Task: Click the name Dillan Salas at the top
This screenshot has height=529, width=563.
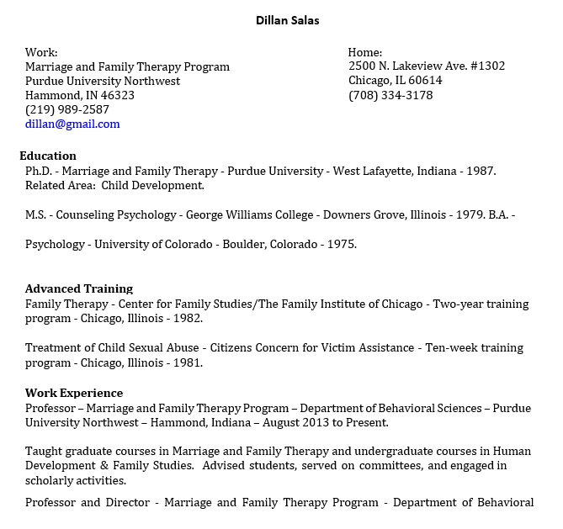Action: tap(288, 20)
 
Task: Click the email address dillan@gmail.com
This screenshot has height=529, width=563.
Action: tap(72, 124)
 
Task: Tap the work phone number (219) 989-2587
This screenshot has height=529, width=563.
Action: tap(67, 109)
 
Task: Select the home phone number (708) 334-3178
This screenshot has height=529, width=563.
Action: tap(390, 95)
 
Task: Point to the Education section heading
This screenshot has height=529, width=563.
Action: tap(48, 156)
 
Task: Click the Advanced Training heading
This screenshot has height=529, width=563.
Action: tap(79, 288)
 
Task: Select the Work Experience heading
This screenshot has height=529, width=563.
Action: tap(74, 393)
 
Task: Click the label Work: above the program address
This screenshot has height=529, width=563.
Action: tap(41, 52)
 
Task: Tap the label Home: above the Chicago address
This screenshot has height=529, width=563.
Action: tap(365, 52)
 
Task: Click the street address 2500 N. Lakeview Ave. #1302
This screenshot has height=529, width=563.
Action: tap(427, 66)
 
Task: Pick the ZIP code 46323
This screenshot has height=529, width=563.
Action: tap(117, 95)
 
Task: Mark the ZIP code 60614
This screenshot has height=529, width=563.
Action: tap(425, 81)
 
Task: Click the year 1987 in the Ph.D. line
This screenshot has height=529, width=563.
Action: tap(480, 171)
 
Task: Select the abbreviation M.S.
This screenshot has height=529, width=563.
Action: tap(35, 214)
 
